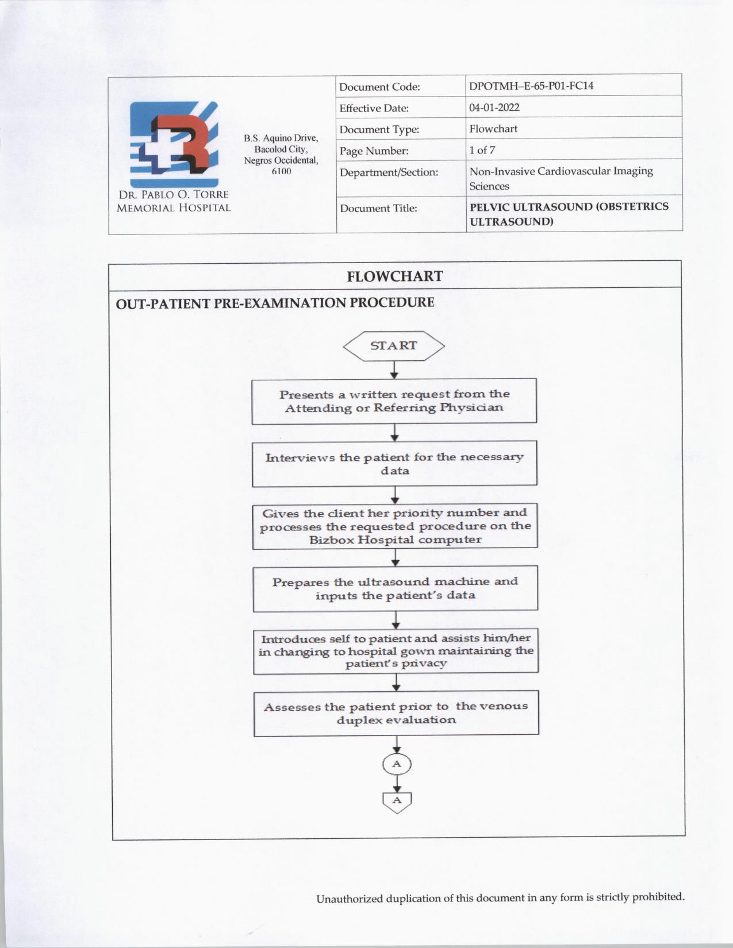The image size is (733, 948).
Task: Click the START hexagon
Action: [x=394, y=346]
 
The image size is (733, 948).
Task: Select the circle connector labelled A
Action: [x=397, y=764]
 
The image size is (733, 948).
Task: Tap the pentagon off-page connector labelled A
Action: [x=397, y=801]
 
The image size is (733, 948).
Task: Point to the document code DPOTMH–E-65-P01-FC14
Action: [x=531, y=86]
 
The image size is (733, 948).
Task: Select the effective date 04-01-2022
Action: [x=494, y=107]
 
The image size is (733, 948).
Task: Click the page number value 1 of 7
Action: [x=482, y=150]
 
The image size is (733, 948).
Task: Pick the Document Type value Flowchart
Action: [x=493, y=129]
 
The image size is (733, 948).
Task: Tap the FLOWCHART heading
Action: [x=394, y=276]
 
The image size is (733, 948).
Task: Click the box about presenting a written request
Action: [x=394, y=401]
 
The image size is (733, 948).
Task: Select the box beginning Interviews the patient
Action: [x=394, y=464]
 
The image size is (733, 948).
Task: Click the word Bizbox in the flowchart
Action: [x=331, y=540]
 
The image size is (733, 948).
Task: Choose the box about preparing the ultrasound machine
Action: [x=395, y=588]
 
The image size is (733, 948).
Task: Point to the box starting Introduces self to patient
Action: [x=396, y=651]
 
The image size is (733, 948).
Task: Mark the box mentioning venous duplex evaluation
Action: [x=396, y=713]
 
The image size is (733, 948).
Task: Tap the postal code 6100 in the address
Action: [x=281, y=171]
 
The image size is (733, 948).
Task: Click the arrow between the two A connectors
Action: [x=397, y=784]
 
